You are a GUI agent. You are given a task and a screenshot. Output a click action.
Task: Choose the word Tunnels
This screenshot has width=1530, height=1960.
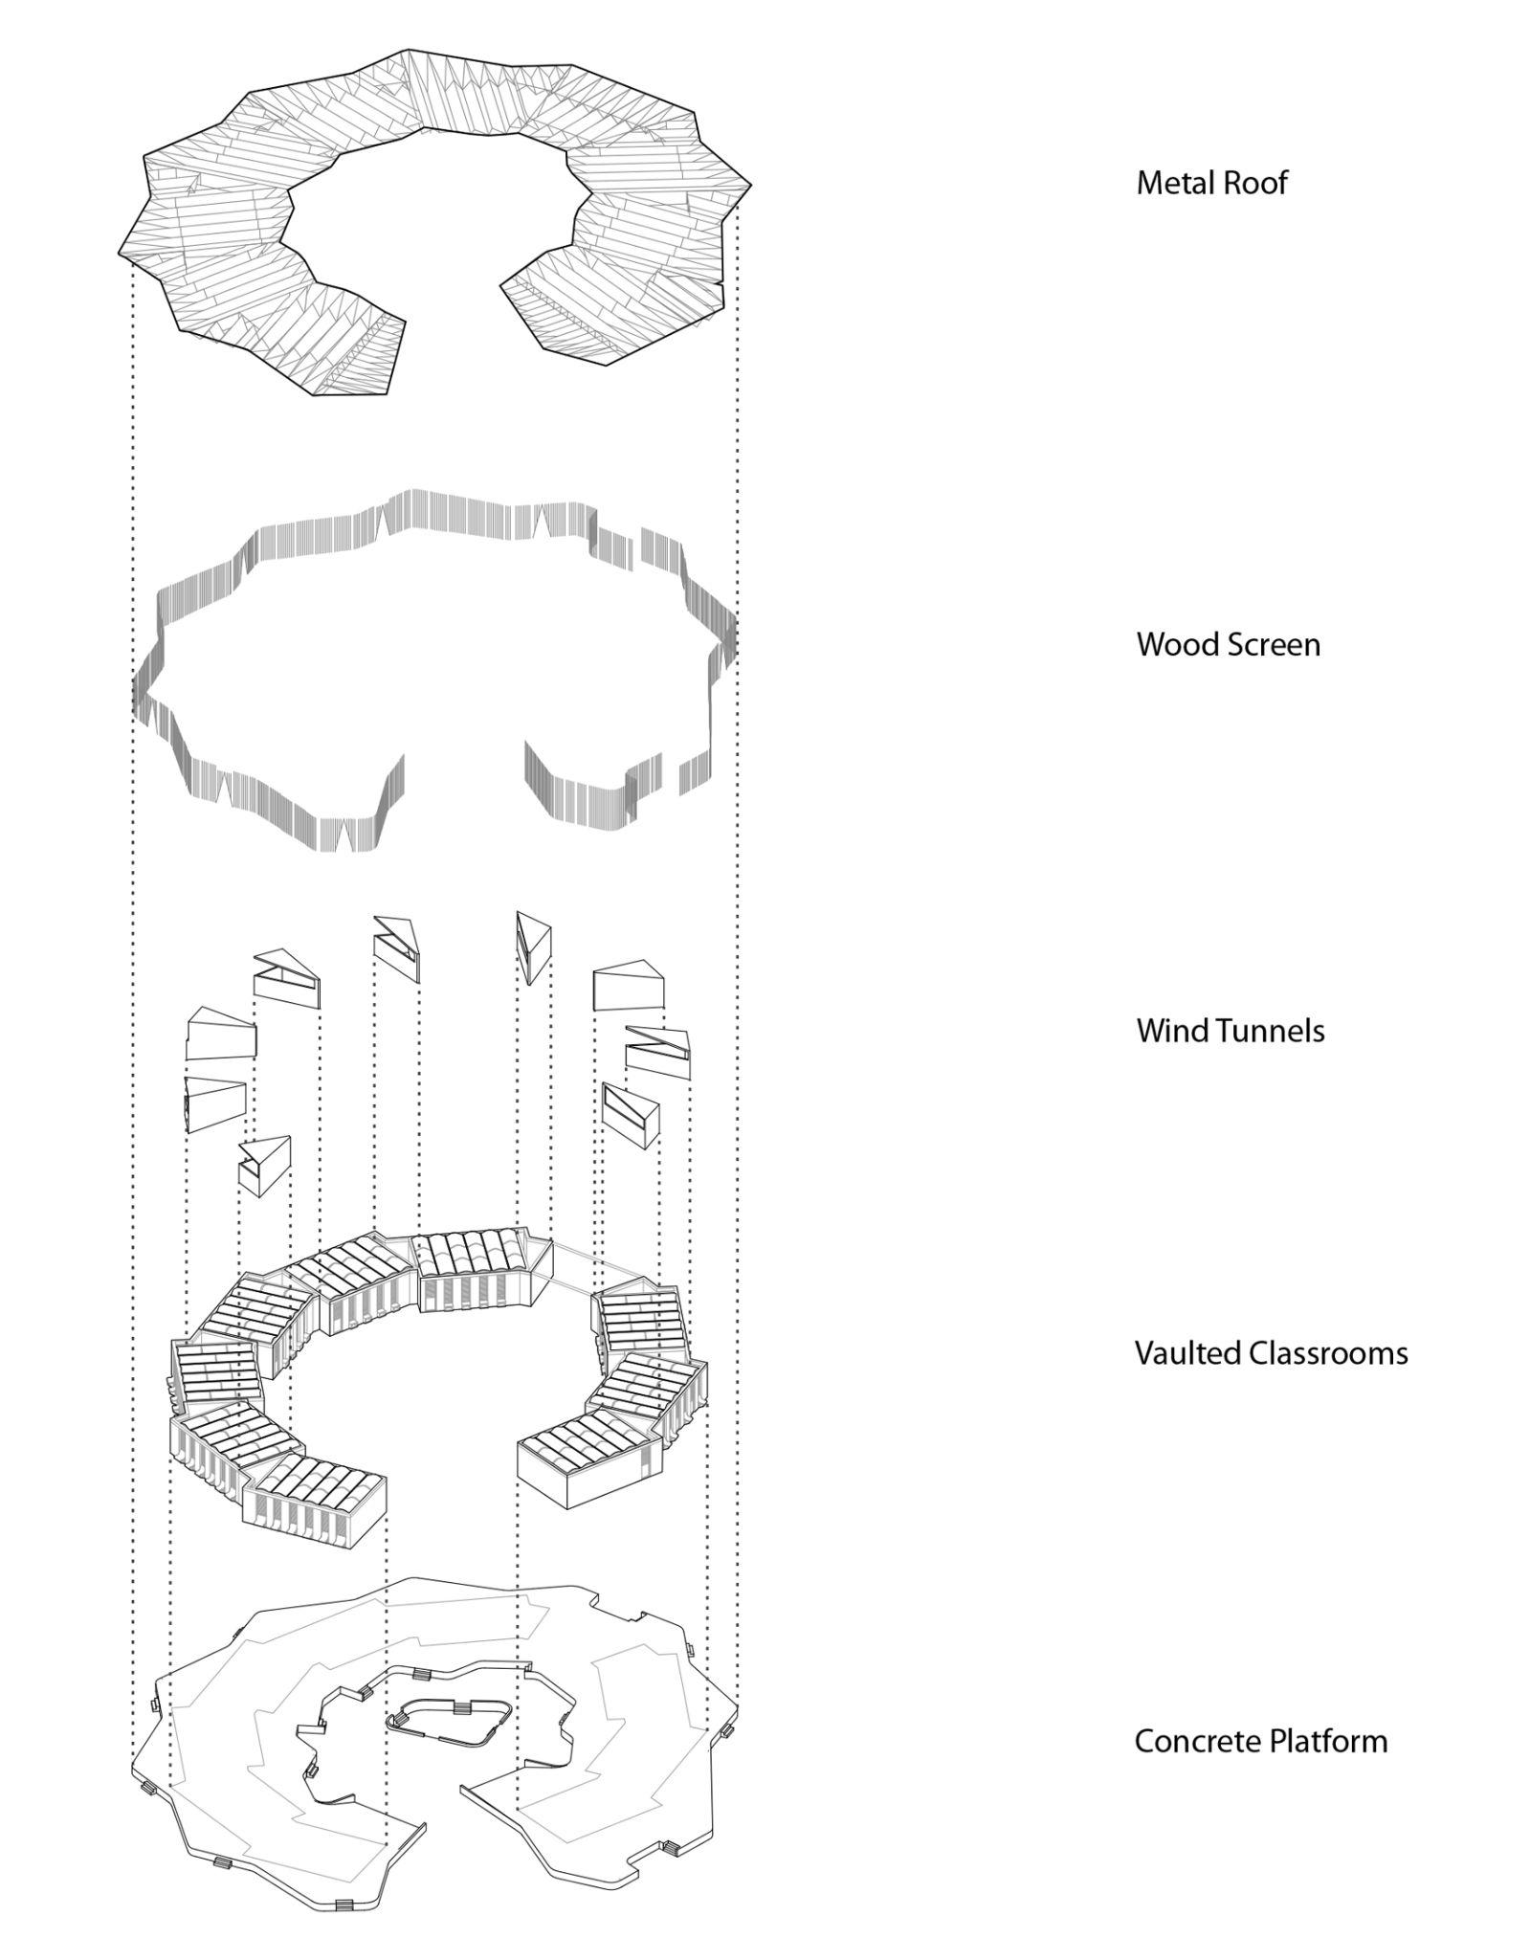click(x=1263, y=1031)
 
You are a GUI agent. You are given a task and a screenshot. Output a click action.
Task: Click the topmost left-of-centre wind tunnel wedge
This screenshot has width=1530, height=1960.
click(x=397, y=947)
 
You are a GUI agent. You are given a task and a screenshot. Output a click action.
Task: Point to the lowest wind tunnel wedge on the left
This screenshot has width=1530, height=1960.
click(x=264, y=1165)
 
